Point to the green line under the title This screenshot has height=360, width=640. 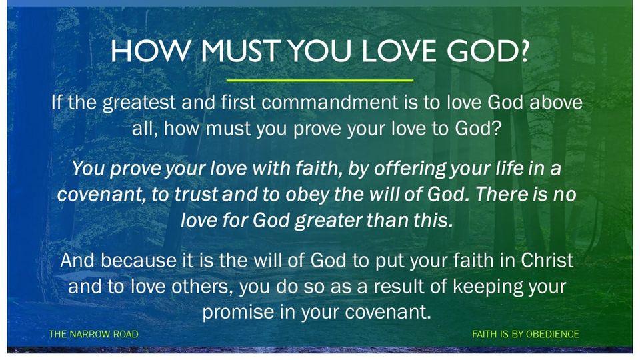pyautogui.click(x=319, y=80)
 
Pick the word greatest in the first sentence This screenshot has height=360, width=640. pyautogui.click(x=139, y=103)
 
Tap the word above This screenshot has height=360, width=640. pyautogui.click(x=556, y=102)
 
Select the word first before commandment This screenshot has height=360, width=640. pyautogui.click(x=239, y=102)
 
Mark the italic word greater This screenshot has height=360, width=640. pyautogui.click(x=329, y=221)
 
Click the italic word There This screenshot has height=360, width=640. pyautogui.click(x=501, y=194)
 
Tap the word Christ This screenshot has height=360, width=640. pyautogui.click(x=547, y=261)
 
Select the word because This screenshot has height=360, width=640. pyautogui.click(x=139, y=261)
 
